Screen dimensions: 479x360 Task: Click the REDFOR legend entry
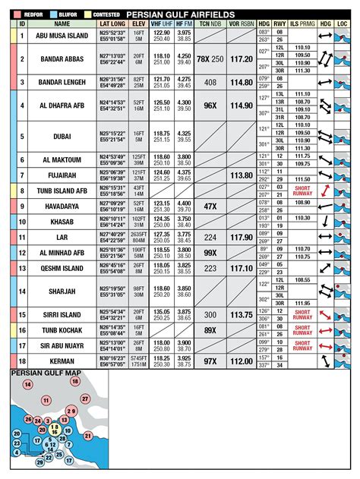(29, 14)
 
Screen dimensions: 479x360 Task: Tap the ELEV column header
(138, 24)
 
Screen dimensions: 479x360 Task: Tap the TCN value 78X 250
(210, 58)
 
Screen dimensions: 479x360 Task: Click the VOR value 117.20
(242, 58)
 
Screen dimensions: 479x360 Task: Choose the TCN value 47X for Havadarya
(210, 206)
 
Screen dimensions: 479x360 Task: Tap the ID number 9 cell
(22, 206)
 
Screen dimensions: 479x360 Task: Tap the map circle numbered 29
(71, 411)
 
